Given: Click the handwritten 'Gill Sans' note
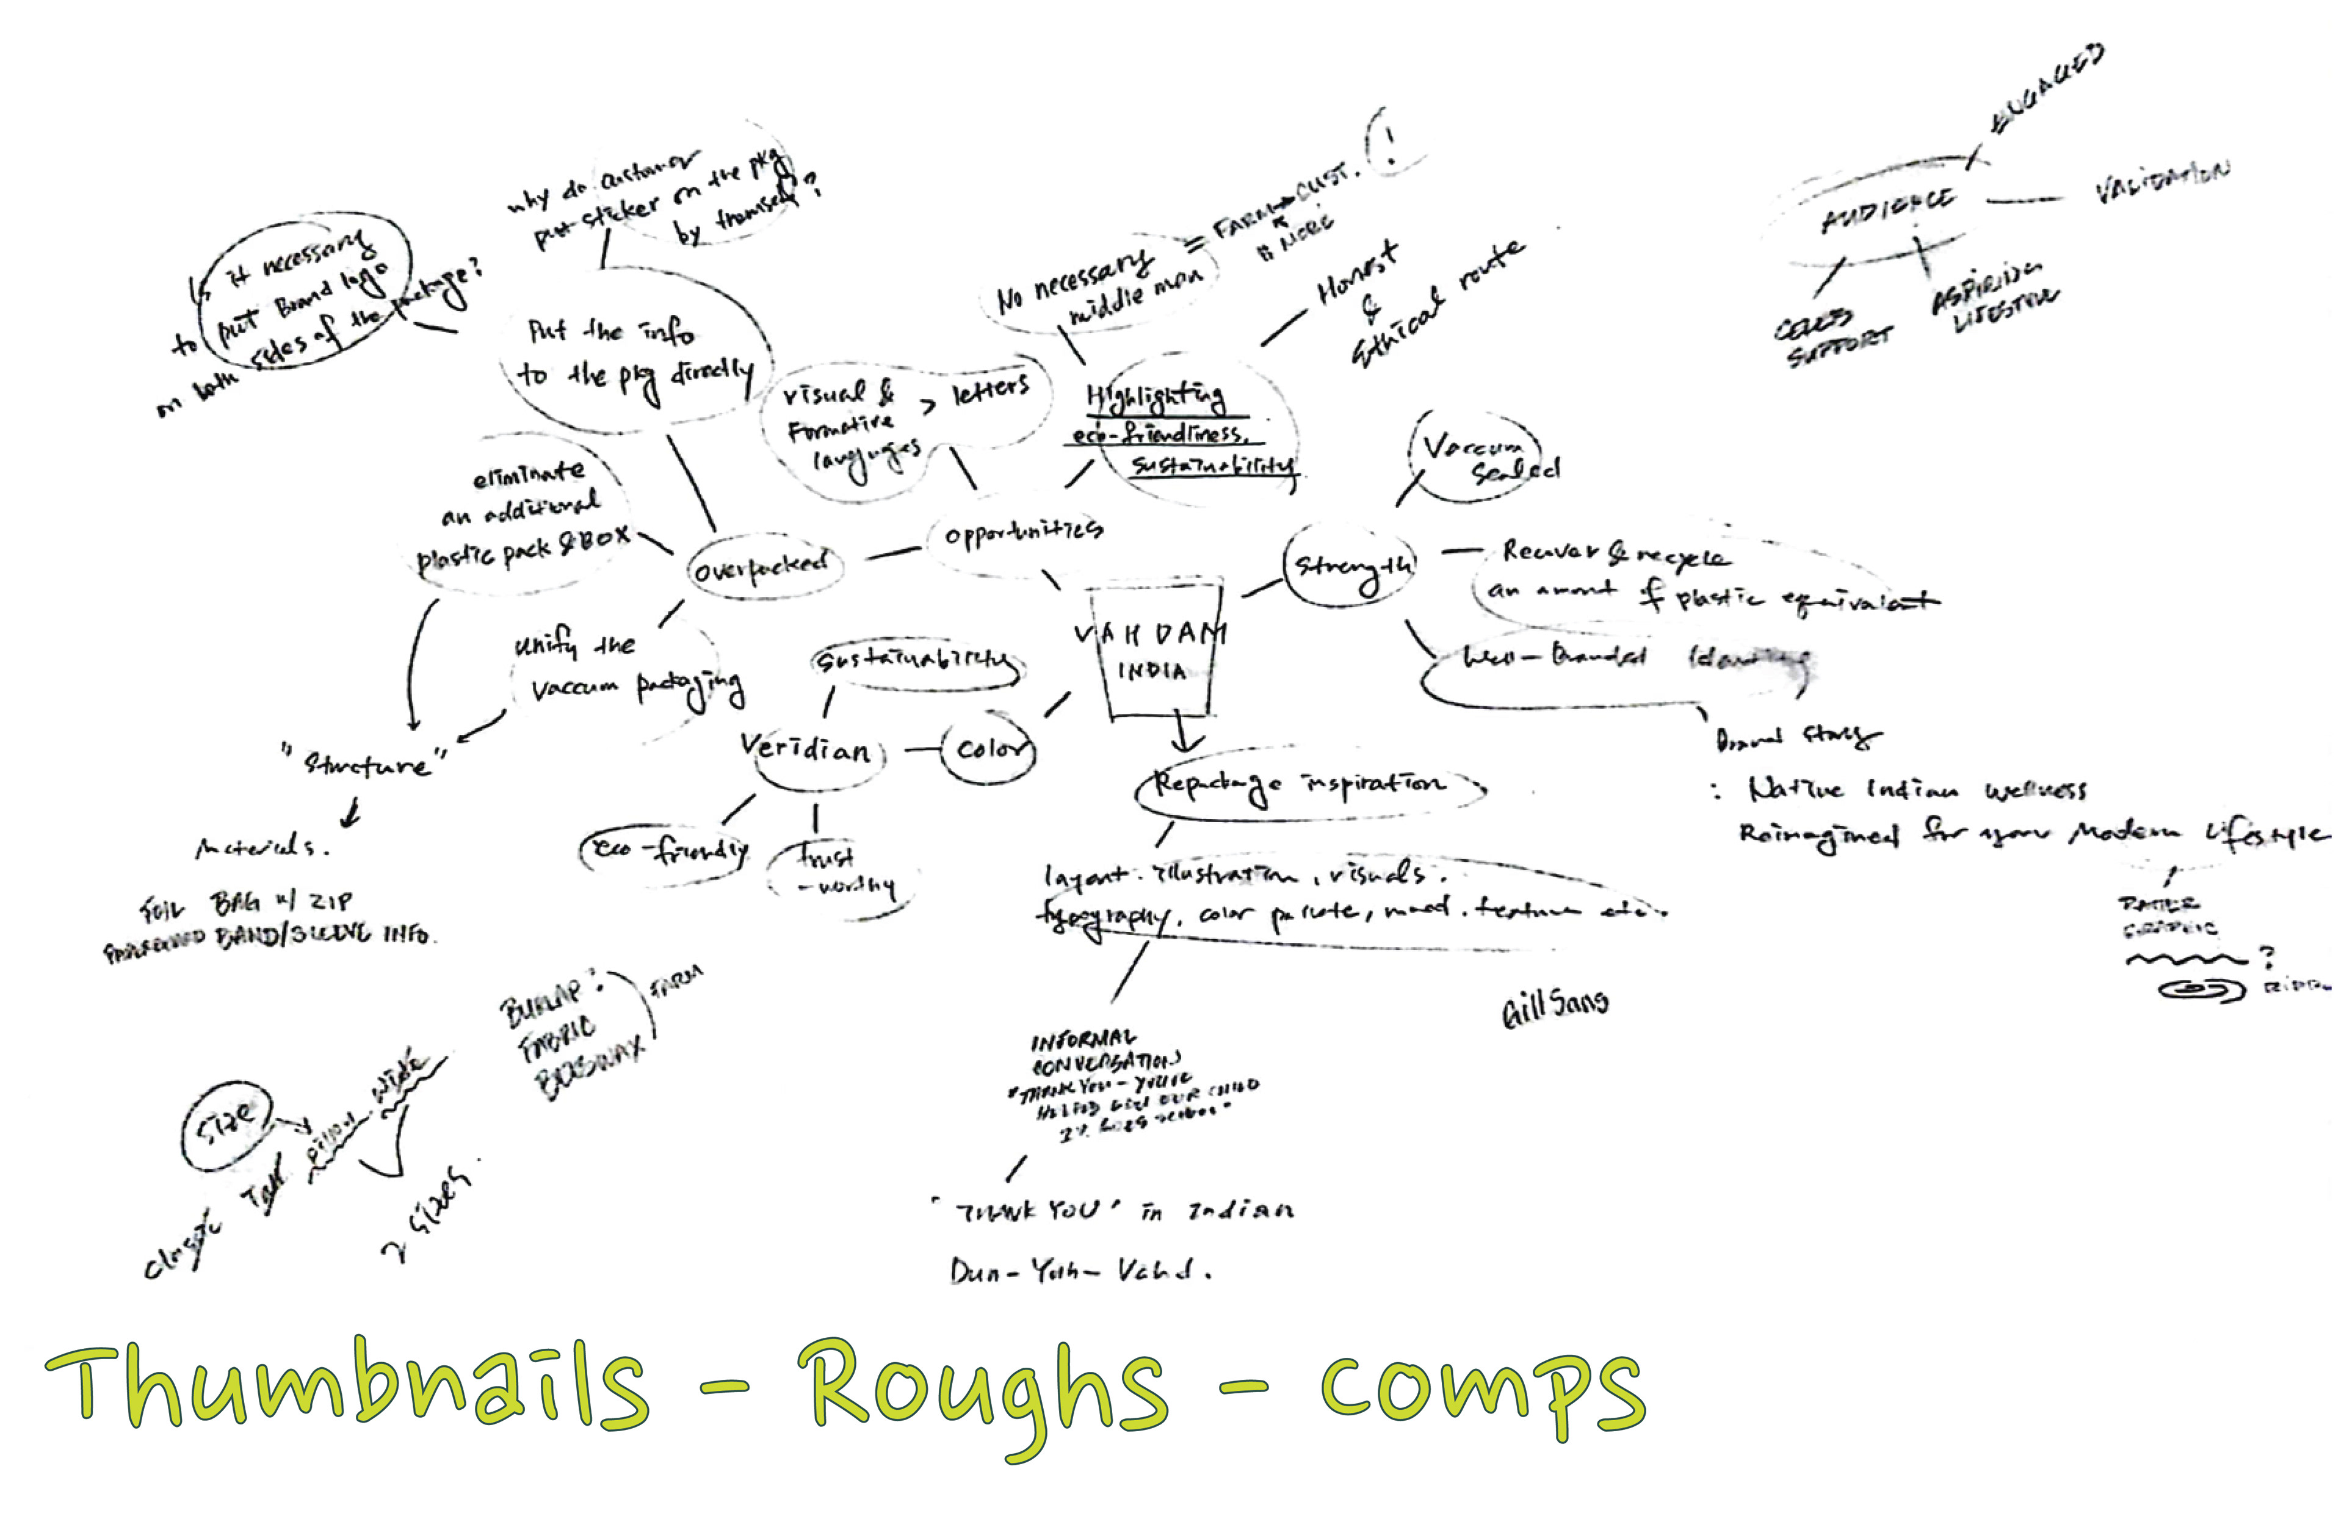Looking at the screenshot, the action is point(1555,1006).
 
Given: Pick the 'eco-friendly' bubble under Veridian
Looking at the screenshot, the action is point(665,848).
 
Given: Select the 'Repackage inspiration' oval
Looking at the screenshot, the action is point(1300,785).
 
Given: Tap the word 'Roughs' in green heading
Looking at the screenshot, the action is point(985,1388).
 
